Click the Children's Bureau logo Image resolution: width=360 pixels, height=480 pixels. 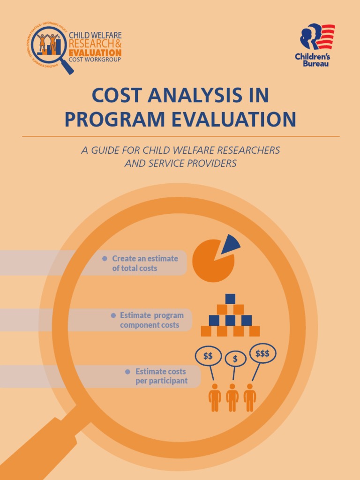point(317,45)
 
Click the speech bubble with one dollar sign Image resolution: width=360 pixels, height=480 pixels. point(235,359)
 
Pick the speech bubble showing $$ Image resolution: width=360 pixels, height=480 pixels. point(208,356)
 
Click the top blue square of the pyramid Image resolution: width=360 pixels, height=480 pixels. point(230,299)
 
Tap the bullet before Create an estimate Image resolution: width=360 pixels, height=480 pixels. point(105,259)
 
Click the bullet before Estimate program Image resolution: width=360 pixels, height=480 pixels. point(113,315)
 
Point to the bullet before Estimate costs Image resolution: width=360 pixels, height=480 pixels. point(127,372)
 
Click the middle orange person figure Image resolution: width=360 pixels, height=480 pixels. point(232,397)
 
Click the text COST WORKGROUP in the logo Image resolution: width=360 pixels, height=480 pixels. point(95,60)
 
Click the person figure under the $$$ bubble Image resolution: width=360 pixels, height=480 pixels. point(250,397)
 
